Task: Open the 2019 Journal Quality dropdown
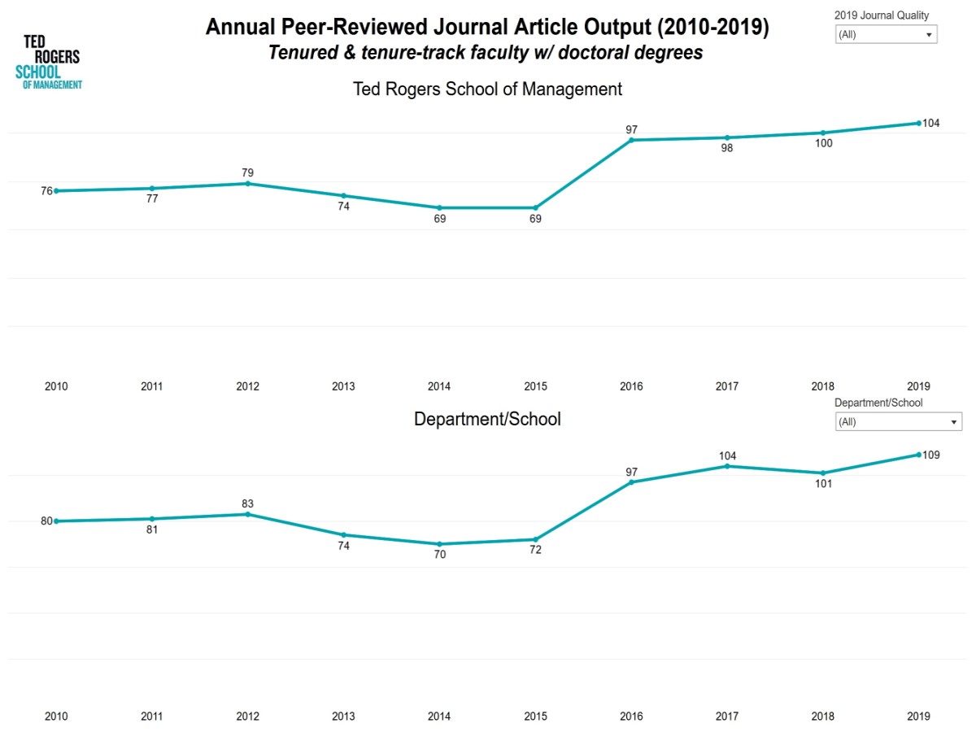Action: click(x=886, y=35)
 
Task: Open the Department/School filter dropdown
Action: click(x=898, y=422)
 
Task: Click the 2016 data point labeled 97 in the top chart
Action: click(x=631, y=140)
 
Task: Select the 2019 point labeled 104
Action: click(x=918, y=123)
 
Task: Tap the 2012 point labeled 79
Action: click(x=247, y=184)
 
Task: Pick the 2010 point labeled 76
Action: click(x=56, y=191)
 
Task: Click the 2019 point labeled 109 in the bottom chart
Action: click(x=918, y=455)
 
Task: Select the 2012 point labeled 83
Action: click(x=247, y=514)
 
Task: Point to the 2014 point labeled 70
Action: click(x=439, y=544)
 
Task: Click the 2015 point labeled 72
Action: click(x=535, y=539)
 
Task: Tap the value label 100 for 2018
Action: click(x=822, y=144)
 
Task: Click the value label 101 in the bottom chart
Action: click(x=822, y=484)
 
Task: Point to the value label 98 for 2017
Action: click(x=726, y=149)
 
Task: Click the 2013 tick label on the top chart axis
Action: click(x=343, y=386)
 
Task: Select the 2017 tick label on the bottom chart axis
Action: click(x=726, y=717)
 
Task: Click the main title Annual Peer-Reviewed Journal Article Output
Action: click(x=486, y=28)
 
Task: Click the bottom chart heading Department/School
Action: click(x=487, y=420)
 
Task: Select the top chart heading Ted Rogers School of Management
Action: click(x=487, y=89)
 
